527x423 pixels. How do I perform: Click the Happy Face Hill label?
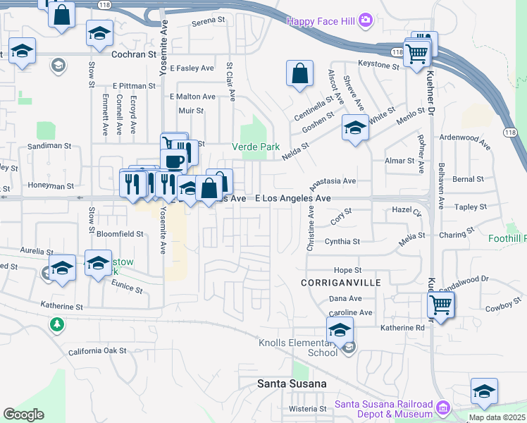[x=322, y=21]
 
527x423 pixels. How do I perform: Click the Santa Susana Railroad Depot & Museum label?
[x=383, y=408]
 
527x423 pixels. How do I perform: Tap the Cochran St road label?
[x=133, y=54]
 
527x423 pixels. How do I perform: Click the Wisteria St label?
[x=308, y=408]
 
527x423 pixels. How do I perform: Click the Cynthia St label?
[x=342, y=241]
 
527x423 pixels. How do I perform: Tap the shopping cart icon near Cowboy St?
[x=440, y=305]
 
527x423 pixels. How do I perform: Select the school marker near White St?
[x=355, y=128]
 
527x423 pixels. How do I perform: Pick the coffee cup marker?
[x=173, y=160]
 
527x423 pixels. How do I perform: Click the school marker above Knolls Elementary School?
[x=340, y=329]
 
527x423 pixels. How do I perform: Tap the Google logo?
[x=23, y=415]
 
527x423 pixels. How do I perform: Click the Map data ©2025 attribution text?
[x=497, y=417]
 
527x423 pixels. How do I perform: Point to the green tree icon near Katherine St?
[x=56, y=324]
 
